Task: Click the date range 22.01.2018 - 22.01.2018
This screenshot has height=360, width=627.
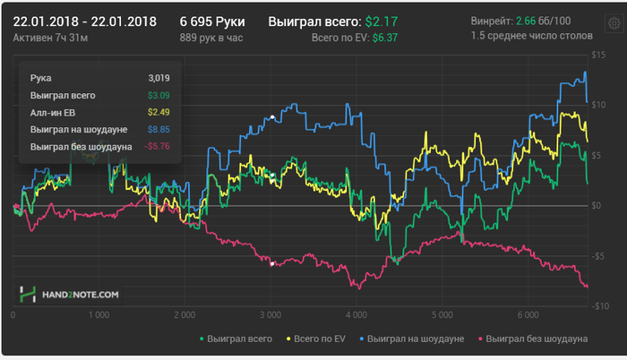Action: click(x=85, y=20)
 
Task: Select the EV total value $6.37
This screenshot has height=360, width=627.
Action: click(x=386, y=38)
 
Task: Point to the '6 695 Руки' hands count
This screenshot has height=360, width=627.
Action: click(x=212, y=20)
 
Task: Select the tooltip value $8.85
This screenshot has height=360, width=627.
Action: click(x=159, y=129)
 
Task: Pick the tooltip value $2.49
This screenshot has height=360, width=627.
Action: click(x=159, y=112)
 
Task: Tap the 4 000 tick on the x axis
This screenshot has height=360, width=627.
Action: click(x=357, y=315)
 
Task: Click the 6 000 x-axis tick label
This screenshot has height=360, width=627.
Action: click(x=528, y=315)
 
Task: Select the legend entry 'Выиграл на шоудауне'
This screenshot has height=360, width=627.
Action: click(x=415, y=340)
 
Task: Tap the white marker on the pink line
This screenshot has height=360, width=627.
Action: click(x=271, y=263)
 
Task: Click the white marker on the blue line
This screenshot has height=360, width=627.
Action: click(x=271, y=116)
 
